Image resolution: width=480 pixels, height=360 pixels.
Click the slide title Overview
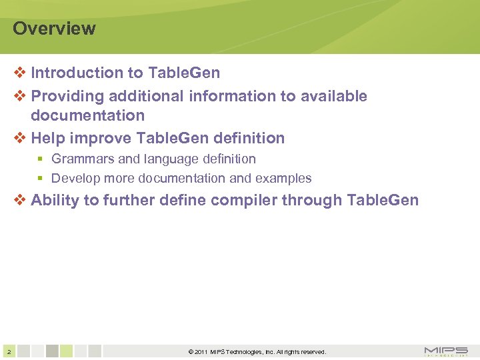tap(54, 29)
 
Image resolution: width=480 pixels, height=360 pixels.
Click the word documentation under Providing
tap(87, 115)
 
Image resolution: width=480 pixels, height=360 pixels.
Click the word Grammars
tap(83, 159)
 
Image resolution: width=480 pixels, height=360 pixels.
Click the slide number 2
tap(7, 351)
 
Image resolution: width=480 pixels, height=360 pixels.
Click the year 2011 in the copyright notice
tap(202, 352)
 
